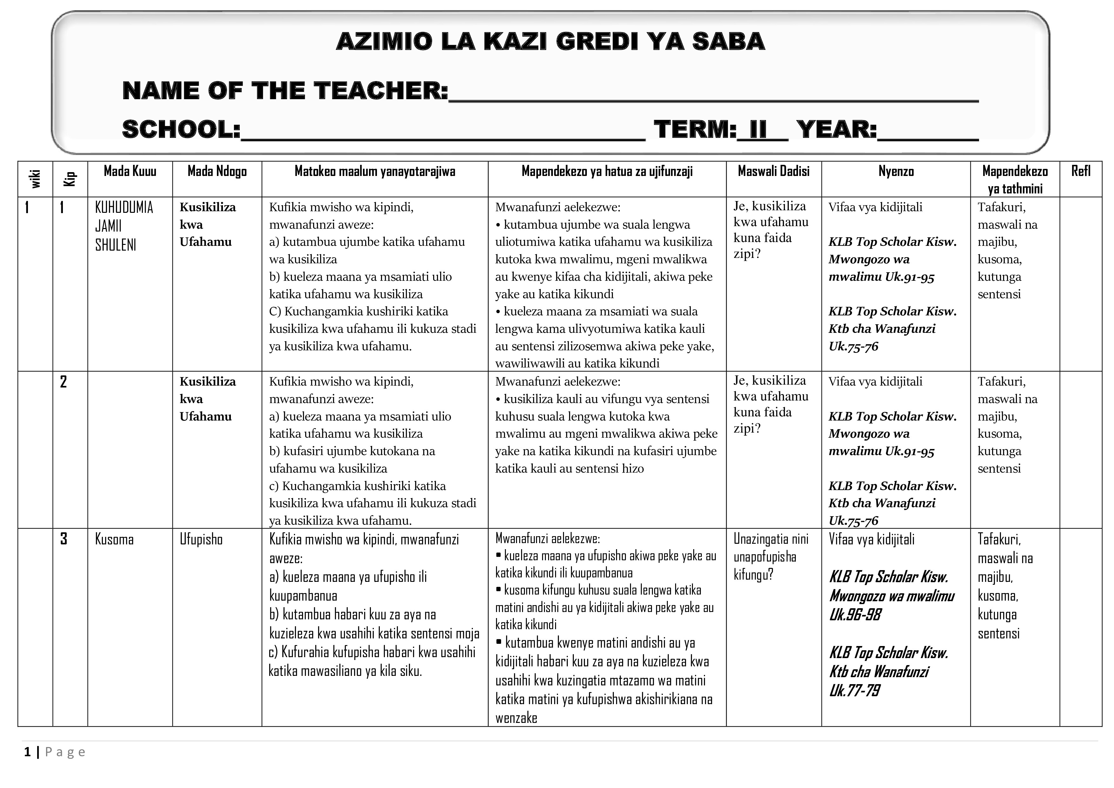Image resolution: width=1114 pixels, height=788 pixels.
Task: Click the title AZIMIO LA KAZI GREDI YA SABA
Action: pos(550,42)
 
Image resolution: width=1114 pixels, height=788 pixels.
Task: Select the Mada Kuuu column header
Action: pos(130,171)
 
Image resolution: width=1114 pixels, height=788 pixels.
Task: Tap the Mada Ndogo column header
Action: pos(217,171)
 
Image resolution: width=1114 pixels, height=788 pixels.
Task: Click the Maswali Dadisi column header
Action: pos(773,171)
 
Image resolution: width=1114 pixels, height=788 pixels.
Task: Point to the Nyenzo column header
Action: pos(896,171)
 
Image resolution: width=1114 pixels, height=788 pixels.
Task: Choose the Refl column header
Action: pos(1081,171)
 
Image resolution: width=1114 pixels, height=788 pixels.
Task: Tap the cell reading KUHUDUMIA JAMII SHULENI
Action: pos(124,226)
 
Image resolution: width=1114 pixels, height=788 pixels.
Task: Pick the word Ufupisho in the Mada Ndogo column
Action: pos(201,540)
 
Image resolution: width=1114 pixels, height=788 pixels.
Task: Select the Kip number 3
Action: pos(63,539)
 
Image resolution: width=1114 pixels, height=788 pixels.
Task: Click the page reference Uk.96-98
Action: pos(855,615)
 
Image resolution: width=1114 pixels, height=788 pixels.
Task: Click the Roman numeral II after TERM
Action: pos(758,130)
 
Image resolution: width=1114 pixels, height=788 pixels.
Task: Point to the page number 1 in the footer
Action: pos(28,752)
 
